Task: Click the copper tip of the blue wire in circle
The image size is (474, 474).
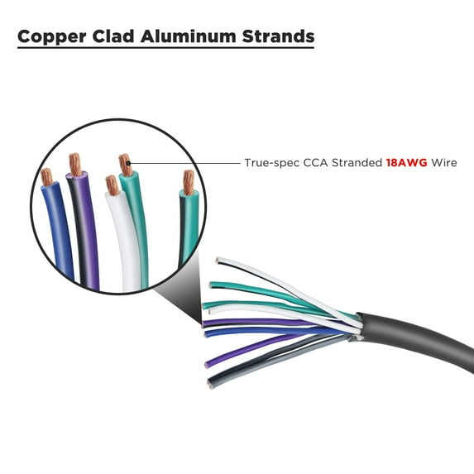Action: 47,176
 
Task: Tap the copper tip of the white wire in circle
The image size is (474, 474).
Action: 113,184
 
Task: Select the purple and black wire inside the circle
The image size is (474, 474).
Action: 84,232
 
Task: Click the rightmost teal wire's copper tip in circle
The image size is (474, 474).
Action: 189,182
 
